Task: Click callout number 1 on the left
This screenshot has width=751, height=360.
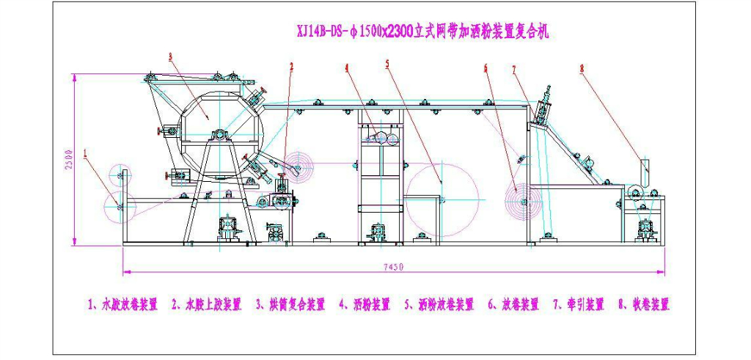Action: click(86, 154)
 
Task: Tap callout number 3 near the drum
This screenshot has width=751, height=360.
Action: click(170, 56)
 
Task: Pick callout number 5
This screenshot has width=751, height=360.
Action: click(387, 64)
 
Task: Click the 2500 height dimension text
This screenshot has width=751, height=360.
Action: click(67, 160)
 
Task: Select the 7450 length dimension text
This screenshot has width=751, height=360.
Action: click(393, 268)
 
